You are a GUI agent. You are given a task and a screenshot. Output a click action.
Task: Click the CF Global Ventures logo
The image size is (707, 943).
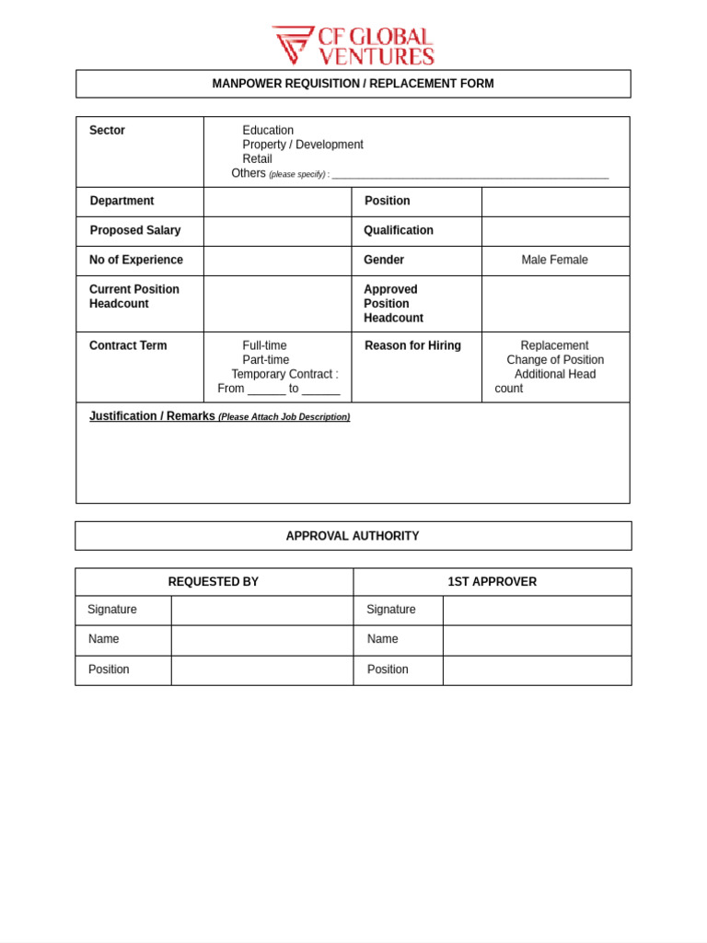tap(353, 45)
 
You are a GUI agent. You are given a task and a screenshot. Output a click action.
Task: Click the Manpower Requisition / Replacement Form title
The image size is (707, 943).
tap(353, 84)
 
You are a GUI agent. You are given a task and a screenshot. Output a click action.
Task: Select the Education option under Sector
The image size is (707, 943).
tap(268, 131)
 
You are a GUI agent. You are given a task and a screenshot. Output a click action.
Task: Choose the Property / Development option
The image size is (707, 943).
tap(302, 145)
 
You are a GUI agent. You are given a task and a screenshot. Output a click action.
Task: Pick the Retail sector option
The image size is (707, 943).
tap(257, 159)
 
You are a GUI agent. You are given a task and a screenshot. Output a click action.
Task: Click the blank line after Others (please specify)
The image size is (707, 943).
tap(469, 173)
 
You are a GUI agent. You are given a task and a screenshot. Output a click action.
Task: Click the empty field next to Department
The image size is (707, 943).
tap(277, 202)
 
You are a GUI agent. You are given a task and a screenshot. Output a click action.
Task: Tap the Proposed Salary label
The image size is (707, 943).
tap(135, 230)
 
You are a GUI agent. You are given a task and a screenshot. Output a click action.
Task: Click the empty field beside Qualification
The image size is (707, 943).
tap(555, 231)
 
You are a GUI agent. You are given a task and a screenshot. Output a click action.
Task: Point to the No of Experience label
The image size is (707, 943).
tap(136, 260)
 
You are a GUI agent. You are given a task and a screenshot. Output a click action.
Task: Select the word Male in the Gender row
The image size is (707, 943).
tap(535, 261)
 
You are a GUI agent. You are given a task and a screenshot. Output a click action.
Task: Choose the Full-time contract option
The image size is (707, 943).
tap(264, 346)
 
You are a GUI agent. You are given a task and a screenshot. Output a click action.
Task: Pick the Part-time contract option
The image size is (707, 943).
tap(265, 360)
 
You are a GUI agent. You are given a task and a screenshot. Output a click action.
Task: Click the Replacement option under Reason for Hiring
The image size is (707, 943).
tap(554, 346)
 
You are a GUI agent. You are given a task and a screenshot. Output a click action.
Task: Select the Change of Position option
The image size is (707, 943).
tap(555, 360)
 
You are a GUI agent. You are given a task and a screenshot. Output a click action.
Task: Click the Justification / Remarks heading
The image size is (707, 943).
tap(152, 416)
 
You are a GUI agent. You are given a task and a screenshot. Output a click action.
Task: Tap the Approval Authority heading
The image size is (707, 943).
tap(353, 536)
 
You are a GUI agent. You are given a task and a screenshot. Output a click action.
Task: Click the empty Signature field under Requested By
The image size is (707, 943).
tap(261, 611)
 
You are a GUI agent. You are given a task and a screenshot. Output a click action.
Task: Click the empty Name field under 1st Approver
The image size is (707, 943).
tap(537, 640)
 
